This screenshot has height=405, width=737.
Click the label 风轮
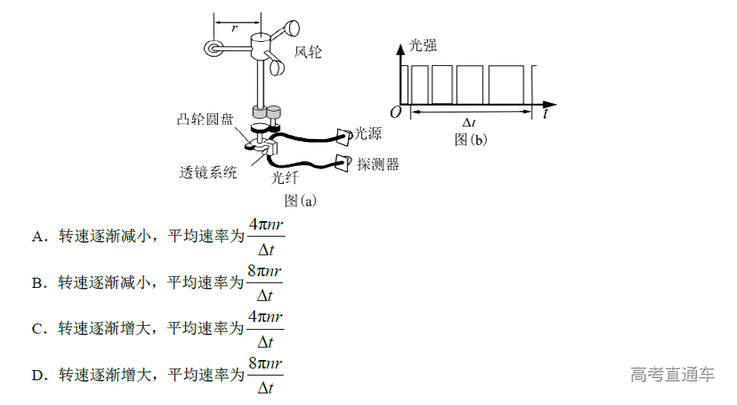308,52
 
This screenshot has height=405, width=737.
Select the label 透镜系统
208,172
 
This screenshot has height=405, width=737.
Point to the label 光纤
284,178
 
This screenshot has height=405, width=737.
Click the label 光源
368,133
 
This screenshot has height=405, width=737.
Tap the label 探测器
377,164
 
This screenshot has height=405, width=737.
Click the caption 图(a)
301,200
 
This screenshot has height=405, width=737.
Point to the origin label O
395,112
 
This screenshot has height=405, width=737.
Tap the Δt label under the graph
469,123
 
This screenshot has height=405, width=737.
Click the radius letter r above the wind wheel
234,26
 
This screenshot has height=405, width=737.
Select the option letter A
37,237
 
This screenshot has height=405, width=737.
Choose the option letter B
37,283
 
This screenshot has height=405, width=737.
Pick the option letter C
37,329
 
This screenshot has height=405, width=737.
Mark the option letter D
37,376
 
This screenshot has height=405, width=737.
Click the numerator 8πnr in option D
265,363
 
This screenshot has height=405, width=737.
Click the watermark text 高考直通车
672,375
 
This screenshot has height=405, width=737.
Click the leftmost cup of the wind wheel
212,49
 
